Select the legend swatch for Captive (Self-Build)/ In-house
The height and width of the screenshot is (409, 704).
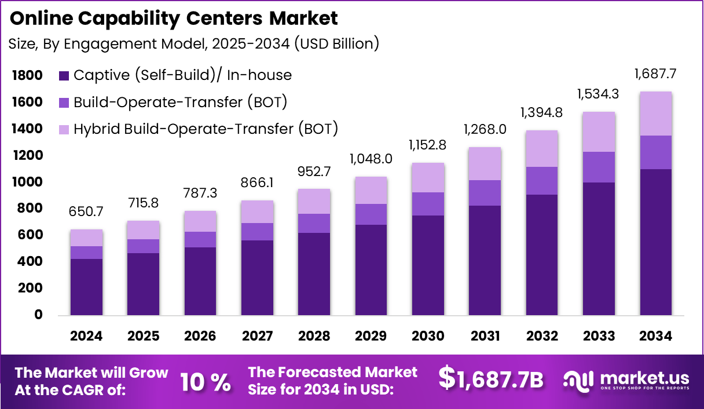[64, 75]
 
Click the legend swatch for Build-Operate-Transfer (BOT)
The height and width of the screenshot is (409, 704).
[64, 103]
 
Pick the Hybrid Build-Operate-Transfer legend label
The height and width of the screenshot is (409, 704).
[206, 129]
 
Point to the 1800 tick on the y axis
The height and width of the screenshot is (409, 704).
[27, 75]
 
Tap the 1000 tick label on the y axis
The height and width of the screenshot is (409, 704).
[27, 182]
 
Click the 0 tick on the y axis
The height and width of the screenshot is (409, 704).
[38, 315]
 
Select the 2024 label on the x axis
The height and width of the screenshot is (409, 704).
[86, 337]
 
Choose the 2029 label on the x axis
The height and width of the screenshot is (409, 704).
[371, 337]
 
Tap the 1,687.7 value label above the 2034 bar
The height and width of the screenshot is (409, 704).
[655, 74]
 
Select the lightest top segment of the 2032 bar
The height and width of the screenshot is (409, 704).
[541, 148]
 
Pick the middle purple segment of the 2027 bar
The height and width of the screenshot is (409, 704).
[257, 232]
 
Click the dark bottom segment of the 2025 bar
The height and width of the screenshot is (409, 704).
[143, 284]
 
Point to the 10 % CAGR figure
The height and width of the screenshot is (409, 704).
[206, 381]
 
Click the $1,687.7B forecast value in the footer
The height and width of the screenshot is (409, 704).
[491, 379]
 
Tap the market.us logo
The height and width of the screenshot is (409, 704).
[627, 381]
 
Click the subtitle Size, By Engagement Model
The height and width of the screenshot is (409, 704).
[195, 43]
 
